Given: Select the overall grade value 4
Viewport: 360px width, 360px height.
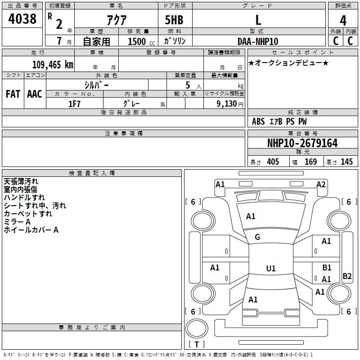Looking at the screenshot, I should pos(343,21).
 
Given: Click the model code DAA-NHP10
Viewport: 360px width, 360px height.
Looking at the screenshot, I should pos(258,41).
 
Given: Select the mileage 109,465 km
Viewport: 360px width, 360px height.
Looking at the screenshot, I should pos(52,64).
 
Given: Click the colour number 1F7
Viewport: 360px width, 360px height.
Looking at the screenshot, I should pos(74,103).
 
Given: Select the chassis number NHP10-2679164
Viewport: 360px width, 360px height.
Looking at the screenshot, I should pos(302,144).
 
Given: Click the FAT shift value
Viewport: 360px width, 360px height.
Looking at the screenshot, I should pos(13,94).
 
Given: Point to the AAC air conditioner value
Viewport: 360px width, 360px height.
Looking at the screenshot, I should pos(35,94).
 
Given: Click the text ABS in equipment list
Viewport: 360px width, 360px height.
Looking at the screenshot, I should pos(258,121).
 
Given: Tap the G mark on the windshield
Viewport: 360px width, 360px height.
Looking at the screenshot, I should pos(257,237).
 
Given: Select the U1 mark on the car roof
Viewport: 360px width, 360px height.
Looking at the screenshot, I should pos(270,269).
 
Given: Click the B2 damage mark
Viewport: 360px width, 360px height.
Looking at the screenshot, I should pos(347,276).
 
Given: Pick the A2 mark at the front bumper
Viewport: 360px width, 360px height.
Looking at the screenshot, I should pos(321,184).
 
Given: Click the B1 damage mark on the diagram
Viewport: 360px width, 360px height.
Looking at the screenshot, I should pos(327,268).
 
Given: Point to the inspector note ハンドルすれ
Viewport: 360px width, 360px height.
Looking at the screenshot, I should pos(24,198).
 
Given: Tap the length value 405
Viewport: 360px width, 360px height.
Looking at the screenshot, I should pos(273,162).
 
